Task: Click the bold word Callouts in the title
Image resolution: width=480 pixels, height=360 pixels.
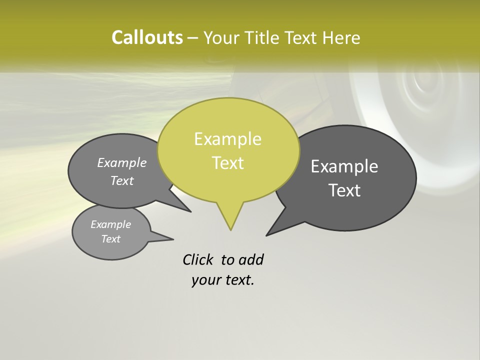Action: (147, 37)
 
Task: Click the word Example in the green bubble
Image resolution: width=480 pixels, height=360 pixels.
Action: (227, 139)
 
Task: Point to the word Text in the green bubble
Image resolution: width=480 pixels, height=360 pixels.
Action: (227, 162)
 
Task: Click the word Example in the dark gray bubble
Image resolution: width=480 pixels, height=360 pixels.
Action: (344, 166)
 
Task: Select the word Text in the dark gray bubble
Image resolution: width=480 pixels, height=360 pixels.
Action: (345, 190)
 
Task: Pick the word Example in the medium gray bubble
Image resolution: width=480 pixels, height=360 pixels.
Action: (121, 162)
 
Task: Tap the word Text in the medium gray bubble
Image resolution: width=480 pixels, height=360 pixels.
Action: (121, 180)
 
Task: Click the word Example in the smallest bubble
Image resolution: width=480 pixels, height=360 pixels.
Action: (110, 224)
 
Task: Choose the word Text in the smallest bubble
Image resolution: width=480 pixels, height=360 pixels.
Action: (110, 239)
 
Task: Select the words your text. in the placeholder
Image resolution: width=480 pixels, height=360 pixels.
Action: (223, 280)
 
